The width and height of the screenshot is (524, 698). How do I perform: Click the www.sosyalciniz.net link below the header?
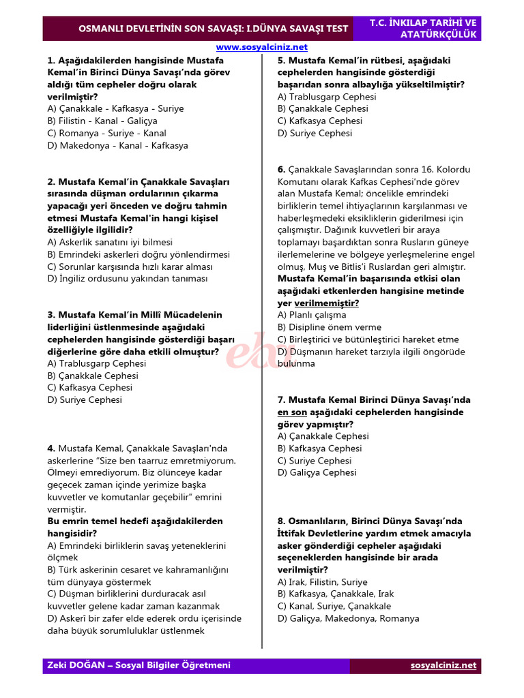pyautogui.click(x=262, y=47)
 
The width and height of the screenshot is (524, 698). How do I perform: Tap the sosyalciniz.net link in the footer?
pyautogui.click(x=443, y=665)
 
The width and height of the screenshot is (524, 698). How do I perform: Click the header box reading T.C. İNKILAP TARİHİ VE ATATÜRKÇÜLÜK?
pyautogui.click(x=424, y=29)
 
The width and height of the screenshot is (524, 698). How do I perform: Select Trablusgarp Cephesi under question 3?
pyautogui.click(x=97, y=363)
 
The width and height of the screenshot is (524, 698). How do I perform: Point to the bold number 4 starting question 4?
pyautogui.click(x=51, y=449)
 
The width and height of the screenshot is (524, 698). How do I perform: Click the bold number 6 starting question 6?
pyautogui.click(x=281, y=170)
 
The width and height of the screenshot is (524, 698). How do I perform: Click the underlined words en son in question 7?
pyautogui.click(x=292, y=412)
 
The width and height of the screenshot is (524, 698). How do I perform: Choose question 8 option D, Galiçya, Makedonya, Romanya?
pyautogui.click(x=348, y=618)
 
